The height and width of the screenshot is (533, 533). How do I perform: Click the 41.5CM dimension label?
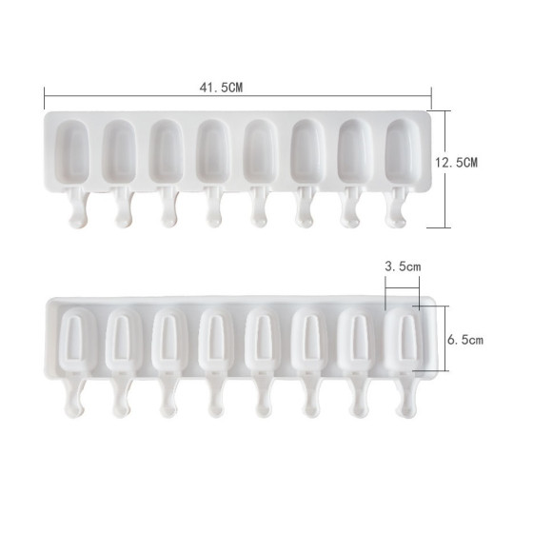pos(221,88)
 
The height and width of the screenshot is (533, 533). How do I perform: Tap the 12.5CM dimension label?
pos(457,163)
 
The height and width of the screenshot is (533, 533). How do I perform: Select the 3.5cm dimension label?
pos(403,266)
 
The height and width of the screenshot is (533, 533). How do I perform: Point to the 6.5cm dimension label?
pos(465,340)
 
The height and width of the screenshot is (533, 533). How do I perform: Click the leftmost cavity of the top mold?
pos(72,151)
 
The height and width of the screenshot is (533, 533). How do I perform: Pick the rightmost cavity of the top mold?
pos(403,151)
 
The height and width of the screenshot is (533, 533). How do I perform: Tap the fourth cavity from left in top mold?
pos(213,151)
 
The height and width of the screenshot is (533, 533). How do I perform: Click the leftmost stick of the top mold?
pos(78,207)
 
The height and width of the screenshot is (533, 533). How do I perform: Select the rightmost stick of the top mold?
pos(396,207)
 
